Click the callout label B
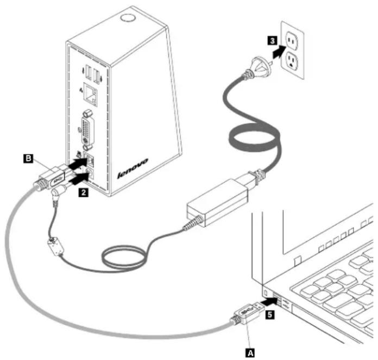pos(28,159)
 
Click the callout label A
pos(250,353)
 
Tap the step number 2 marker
pos(84,193)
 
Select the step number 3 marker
pos(272,40)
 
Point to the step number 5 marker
pos(270,315)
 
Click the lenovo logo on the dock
pos(133,168)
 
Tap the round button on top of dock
pos(128,18)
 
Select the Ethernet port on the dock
pos(90,94)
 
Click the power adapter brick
pos(217,202)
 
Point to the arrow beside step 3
pos(279,52)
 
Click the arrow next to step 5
pos(269,301)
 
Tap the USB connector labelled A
pos(248,313)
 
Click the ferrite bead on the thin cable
pos(56,246)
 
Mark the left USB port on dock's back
pos(89,72)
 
